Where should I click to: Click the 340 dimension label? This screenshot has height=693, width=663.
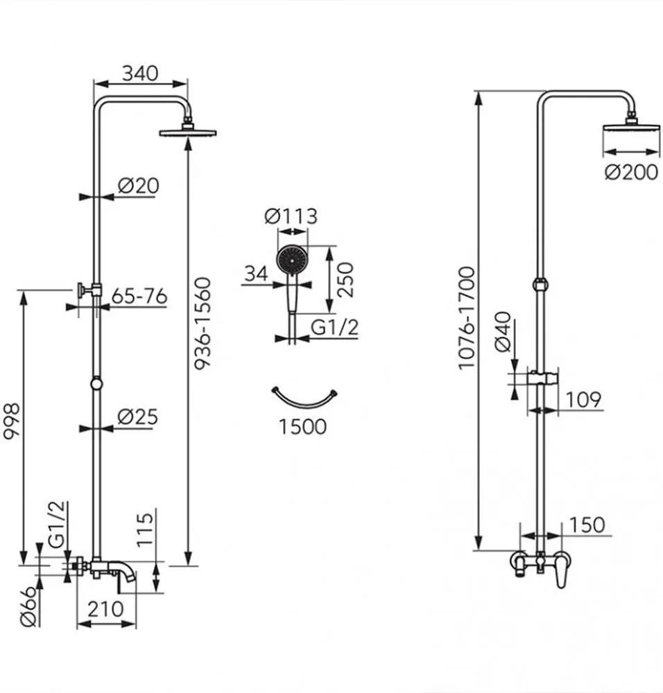tap(140, 73)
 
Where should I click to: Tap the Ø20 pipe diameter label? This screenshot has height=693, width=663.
tap(139, 186)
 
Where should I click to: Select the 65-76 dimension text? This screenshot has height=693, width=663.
tap(139, 296)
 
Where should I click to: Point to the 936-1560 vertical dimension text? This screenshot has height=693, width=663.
tap(203, 323)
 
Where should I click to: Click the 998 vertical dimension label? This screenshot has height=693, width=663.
tap(12, 421)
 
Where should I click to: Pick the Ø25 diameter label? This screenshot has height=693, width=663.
tap(137, 416)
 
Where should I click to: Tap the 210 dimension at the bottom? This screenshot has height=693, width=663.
tap(105, 609)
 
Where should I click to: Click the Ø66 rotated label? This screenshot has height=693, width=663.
tap(28, 606)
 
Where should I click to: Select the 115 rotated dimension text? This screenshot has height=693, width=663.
tap(145, 529)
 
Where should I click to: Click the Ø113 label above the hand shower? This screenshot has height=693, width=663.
tap(291, 216)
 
